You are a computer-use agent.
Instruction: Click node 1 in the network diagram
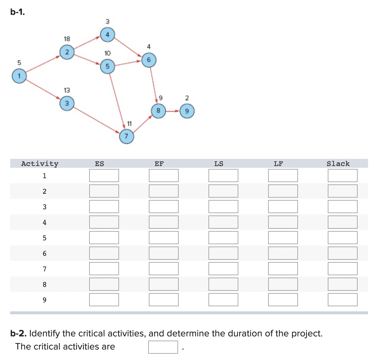[19, 76]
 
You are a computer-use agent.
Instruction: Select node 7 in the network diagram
[126, 136]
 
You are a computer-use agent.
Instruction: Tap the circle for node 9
[187, 111]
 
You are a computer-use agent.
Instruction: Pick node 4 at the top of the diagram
[107, 35]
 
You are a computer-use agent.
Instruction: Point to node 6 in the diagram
[149, 60]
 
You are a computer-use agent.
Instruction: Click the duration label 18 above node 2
[67, 39]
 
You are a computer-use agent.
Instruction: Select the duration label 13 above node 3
[67, 90]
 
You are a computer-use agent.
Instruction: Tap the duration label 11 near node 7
[129, 124]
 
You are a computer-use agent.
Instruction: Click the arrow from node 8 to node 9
[173, 111]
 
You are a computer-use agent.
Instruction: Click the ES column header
[99, 164]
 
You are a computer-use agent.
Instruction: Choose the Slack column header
[338, 164]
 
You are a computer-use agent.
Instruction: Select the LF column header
[278, 164]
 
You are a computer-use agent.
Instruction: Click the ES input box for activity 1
[104, 176]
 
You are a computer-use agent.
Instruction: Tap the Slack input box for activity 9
[342, 300]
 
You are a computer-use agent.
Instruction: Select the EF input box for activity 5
[163, 238]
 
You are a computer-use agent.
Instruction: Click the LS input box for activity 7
[223, 269]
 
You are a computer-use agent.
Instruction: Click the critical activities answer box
[163, 347]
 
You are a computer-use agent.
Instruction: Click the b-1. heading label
[18, 12]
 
